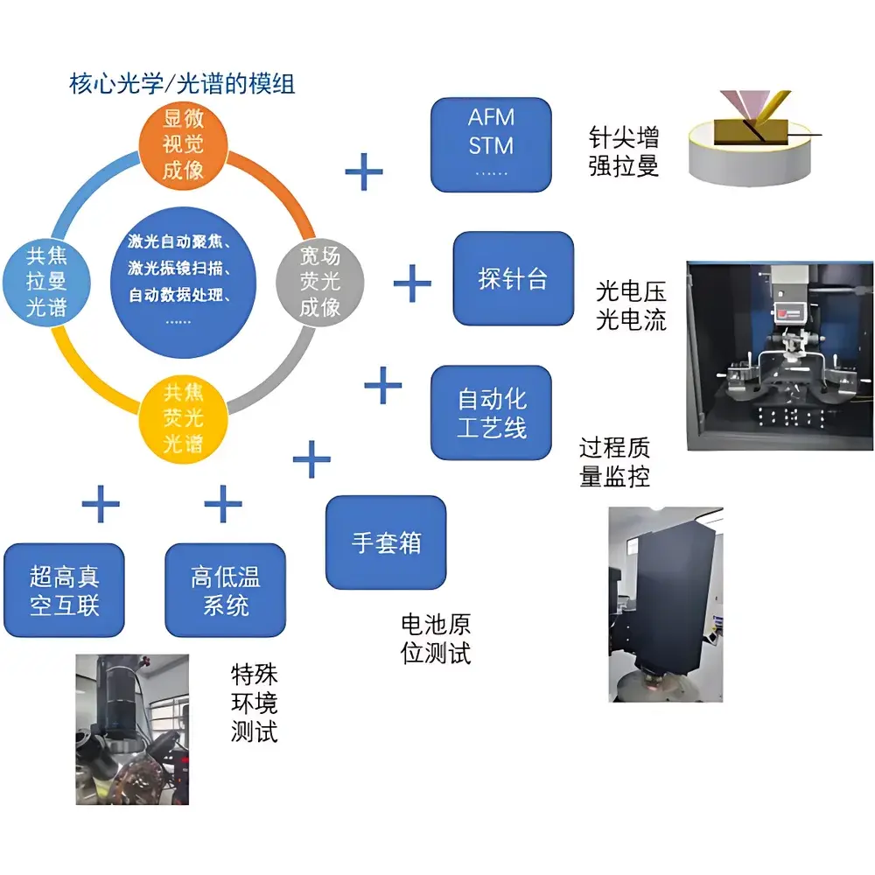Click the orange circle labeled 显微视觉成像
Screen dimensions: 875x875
point(183,143)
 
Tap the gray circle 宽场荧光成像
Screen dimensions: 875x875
point(319,282)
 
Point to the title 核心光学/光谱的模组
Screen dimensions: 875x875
point(182,84)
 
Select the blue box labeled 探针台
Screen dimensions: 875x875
point(513,279)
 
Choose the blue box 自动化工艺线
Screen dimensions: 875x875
point(491,413)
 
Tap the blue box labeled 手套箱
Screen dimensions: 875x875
point(386,542)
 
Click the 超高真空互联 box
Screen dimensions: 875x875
point(64,591)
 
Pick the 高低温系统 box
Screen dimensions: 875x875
point(225,591)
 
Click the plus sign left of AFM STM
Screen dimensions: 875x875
point(364,171)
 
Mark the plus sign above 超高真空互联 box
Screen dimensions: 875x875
point(100,504)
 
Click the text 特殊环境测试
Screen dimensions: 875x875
point(254,703)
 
